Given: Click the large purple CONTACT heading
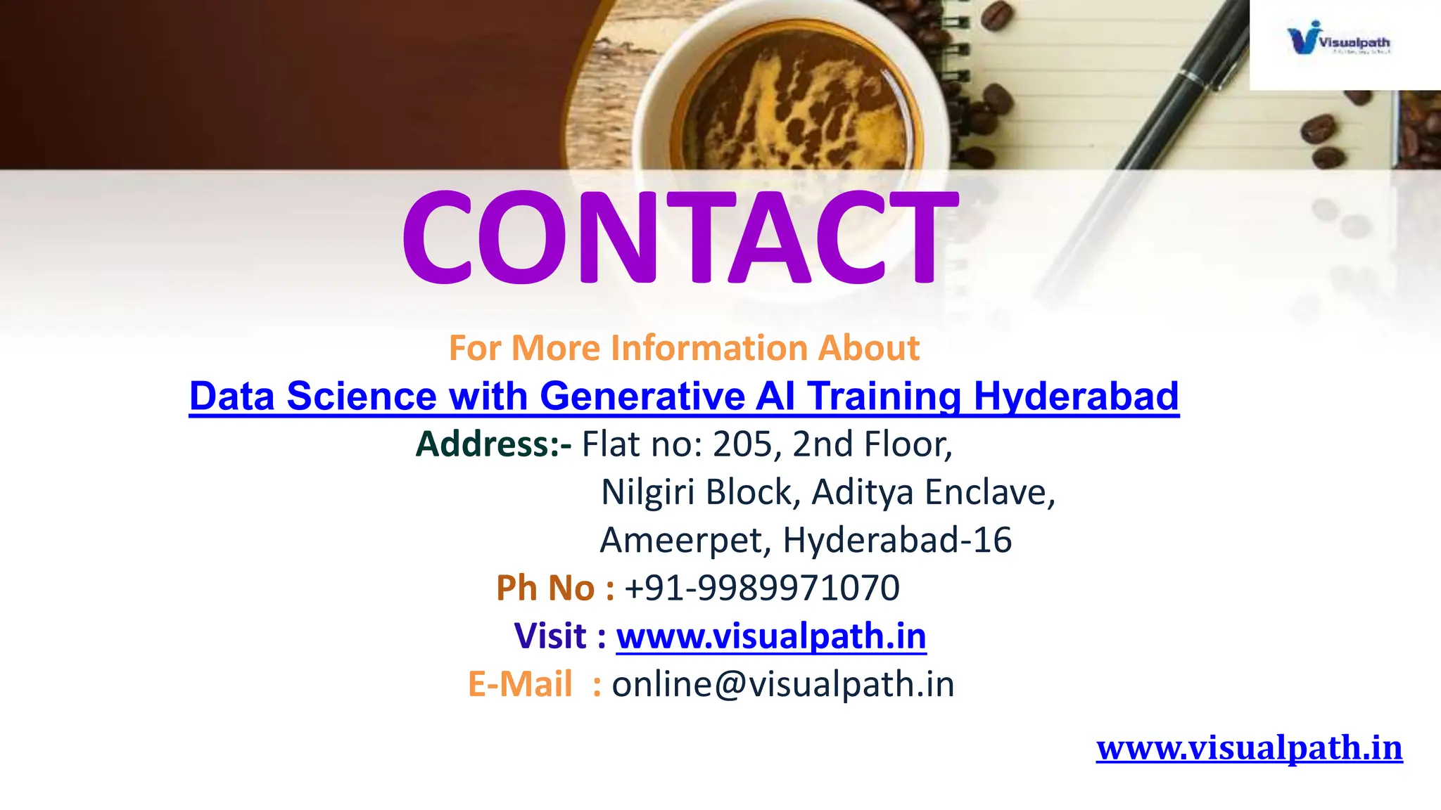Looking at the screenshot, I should pyautogui.click(x=680, y=238).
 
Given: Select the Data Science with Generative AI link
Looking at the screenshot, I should pyautogui.click(x=684, y=396).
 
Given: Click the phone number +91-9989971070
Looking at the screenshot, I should pyautogui.click(x=761, y=588).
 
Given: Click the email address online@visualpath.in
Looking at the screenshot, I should pyautogui.click(x=782, y=684).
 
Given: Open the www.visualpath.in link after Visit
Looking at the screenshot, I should pyautogui.click(x=771, y=636).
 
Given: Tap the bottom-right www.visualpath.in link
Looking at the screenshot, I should pyautogui.click(x=1249, y=747).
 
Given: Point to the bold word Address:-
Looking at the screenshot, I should pyautogui.click(x=493, y=444).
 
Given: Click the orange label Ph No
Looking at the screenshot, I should pyautogui.click(x=545, y=588).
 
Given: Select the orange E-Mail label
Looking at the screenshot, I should pyautogui.click(x=520, y=684).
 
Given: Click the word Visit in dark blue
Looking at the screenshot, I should pyautogui.click(x=550, y=636).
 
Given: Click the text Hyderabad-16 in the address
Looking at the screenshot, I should pyautogui.click(x=897, y=540).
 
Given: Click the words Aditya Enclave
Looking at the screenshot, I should pyautogui.click(x=933, y=492).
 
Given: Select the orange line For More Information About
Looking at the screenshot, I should pyautogui.click(x=684, y=348).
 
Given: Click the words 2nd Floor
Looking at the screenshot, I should pyautogui.click(x=872, y=444).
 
